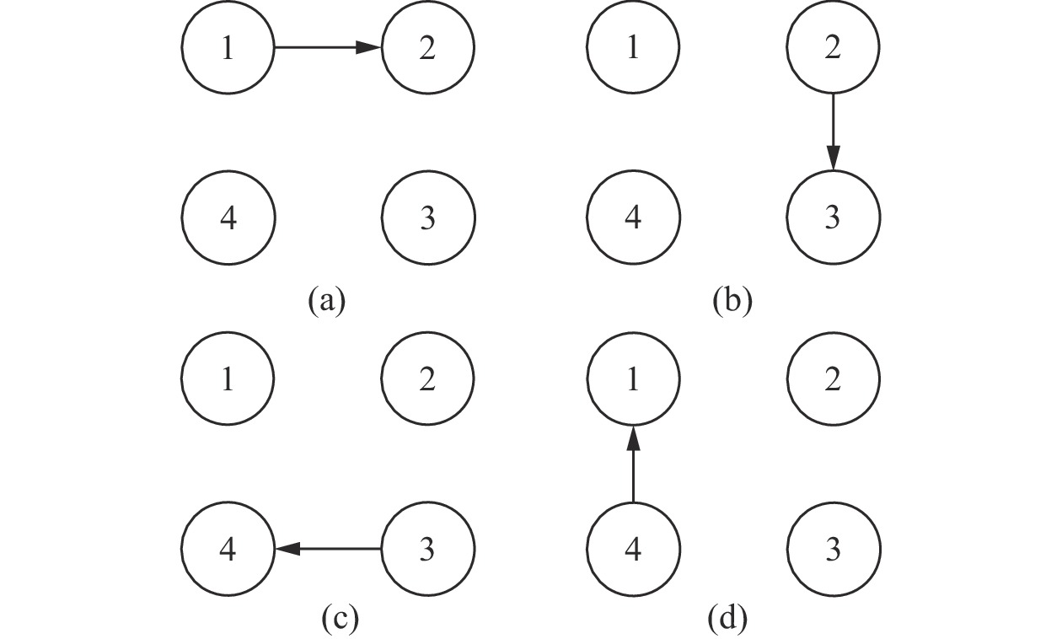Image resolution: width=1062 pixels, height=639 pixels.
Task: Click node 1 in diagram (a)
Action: (x=228, y=48)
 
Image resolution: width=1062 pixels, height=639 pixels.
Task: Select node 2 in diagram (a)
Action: (x=428, y=48)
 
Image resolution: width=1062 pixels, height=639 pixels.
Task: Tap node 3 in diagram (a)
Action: (x=428, y=217)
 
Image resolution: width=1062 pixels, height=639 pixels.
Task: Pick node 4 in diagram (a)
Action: (x=228, y=217)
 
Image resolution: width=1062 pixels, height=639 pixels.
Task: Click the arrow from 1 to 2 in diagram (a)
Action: (x=328, y=48)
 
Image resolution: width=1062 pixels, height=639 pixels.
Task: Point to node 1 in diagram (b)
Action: (x=633, y=48)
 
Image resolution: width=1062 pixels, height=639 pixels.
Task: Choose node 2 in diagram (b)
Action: (x=833, y=48)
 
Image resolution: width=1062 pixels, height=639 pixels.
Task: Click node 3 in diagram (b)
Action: (x=833, y=217)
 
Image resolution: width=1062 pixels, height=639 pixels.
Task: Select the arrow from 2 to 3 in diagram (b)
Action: (x=833, y=132)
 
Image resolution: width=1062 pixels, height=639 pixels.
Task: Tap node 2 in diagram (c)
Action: (x=428, y=380)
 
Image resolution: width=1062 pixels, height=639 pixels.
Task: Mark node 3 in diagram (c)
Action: (x=428, y=549)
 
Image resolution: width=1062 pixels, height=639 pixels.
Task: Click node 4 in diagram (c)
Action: (x=228, y=549)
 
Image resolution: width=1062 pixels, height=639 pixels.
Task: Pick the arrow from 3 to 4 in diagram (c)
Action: (x=328, y=549)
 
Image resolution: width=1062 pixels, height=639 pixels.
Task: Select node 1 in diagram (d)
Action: (x=633, y=380)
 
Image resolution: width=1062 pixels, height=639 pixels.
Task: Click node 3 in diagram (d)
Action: (x=833, y=549)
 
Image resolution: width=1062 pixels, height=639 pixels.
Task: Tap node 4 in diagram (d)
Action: (x=633, y=549)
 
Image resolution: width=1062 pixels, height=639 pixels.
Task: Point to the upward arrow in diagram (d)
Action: (x=633, y=464)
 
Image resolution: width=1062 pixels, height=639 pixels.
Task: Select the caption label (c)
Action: (x=341, y=620)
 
